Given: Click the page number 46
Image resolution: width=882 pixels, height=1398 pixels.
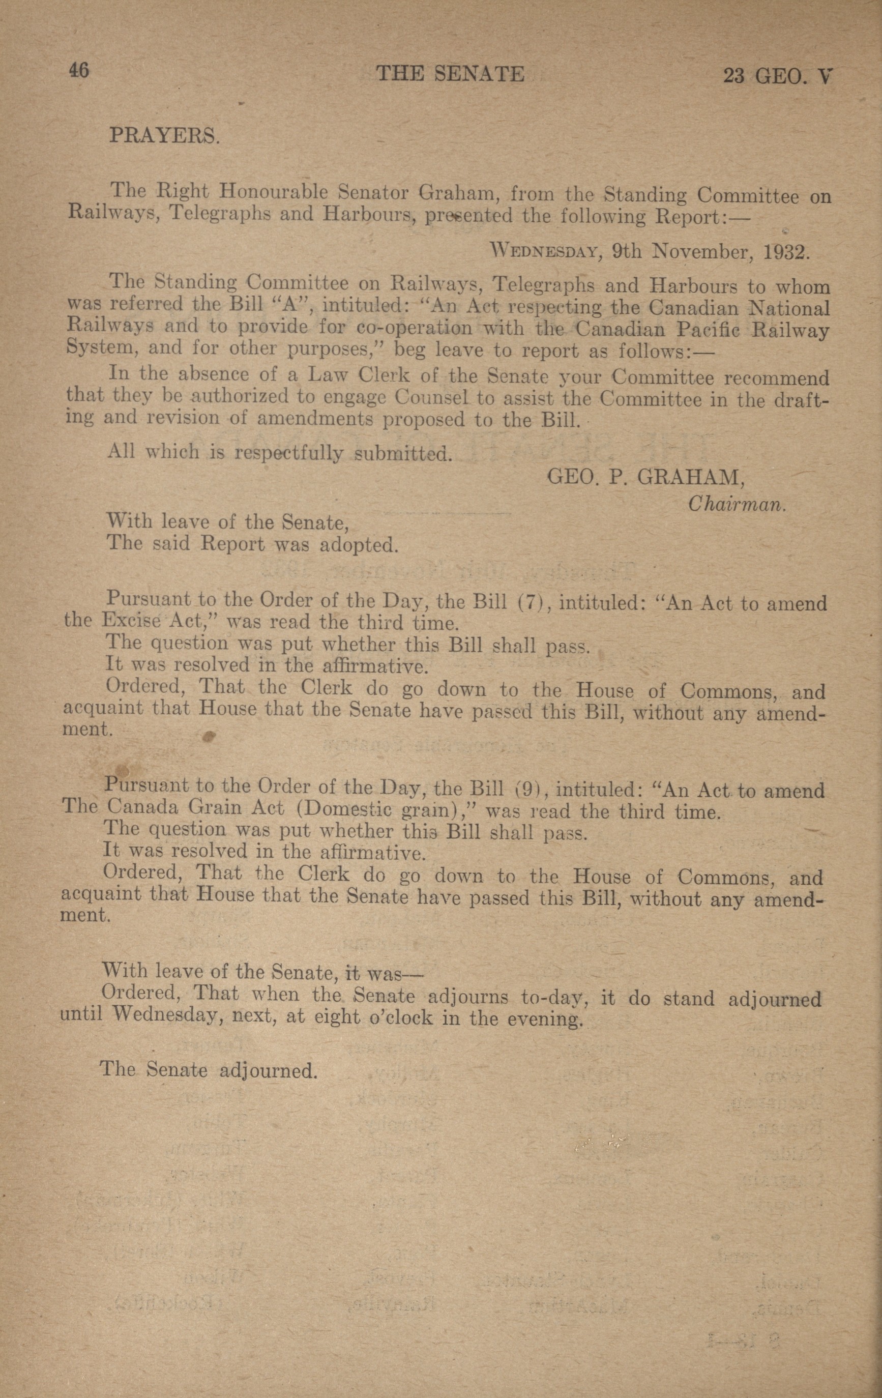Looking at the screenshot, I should (78, 71).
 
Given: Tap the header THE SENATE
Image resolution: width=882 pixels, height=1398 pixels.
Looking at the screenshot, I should (450, 74).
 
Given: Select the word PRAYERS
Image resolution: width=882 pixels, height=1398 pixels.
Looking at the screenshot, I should (164, 136).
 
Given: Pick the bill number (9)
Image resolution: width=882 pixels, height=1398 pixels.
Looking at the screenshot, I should (528, 790).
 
